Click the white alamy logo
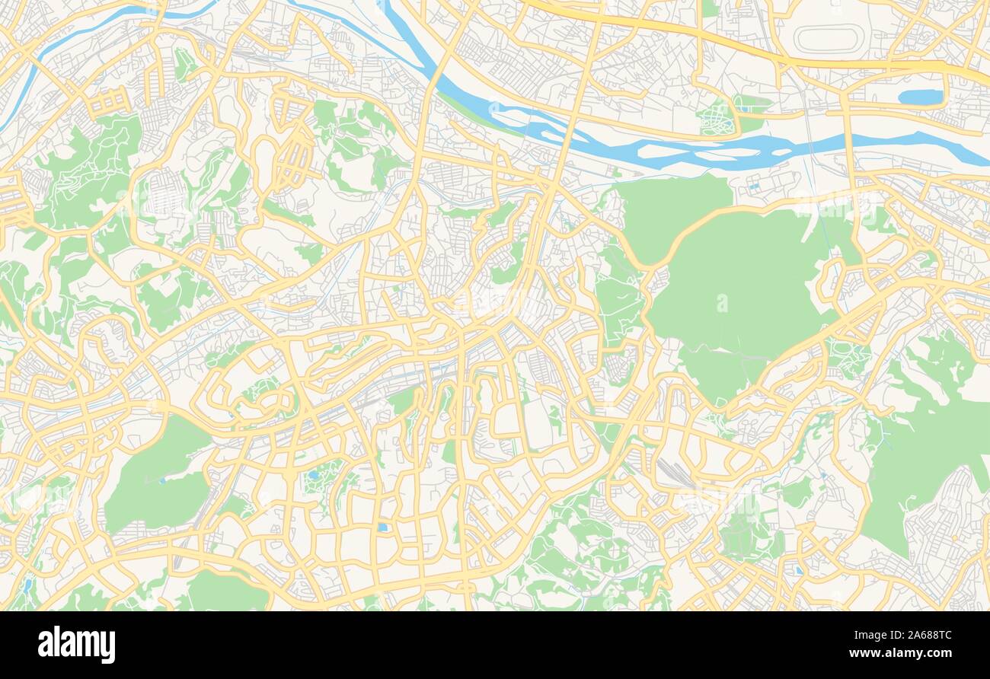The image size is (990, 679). (x=76, y=644)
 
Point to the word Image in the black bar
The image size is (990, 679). (x=867, y=634)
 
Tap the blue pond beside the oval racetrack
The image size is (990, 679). (x=920, y=97)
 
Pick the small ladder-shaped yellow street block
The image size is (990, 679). (x=110, y=100)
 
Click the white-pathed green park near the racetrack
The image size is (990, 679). (x=717, y=118)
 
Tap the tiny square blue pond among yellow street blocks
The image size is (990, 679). (x=382, y=527)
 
